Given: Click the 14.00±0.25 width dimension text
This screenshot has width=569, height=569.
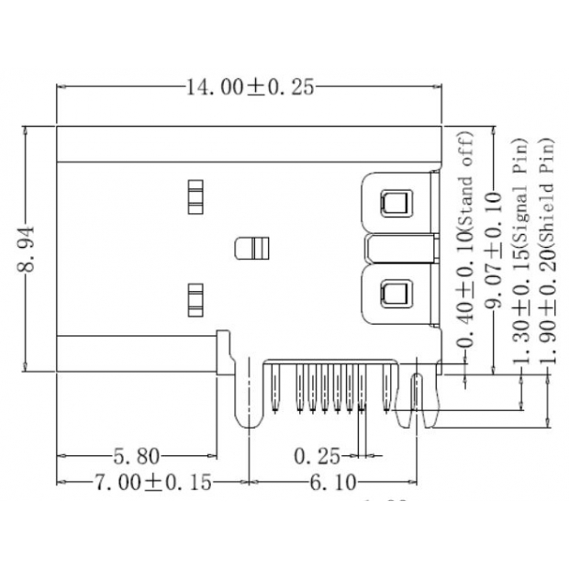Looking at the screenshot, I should click(x=250, y=88).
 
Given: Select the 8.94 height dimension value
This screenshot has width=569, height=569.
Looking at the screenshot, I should click(x=30, y=249).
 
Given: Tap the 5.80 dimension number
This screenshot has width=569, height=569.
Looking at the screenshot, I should click(x=137, y=454).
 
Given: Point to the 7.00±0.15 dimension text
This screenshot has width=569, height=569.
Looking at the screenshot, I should click(x=151, y=481).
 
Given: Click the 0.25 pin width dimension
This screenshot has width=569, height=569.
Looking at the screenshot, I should click(x=317, y=454).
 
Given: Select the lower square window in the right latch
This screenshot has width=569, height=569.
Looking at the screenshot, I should click(x=396, y=295).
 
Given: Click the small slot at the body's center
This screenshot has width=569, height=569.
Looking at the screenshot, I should click(x=250, y=248).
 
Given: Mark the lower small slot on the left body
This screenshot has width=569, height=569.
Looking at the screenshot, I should click(x=194, y=297).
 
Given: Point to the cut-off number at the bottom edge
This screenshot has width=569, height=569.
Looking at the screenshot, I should click(x=385, y=500).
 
